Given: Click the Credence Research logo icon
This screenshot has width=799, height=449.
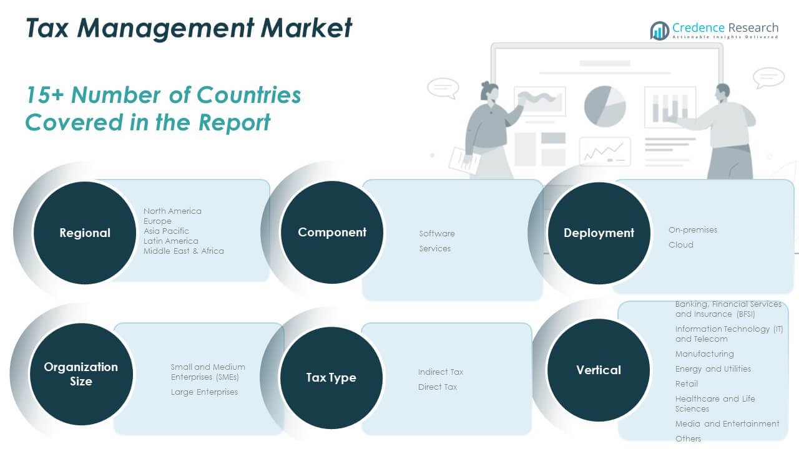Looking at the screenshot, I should coord(659,30).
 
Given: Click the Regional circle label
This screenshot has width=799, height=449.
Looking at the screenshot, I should coord(85,233).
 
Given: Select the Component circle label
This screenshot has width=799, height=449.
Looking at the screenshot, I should coord(332,232).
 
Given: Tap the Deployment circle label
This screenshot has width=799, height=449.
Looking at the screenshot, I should coord(599,233).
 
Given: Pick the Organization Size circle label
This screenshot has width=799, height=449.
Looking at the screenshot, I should coord(81,374).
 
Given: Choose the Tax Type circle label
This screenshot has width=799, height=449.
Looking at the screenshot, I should coord(331,377).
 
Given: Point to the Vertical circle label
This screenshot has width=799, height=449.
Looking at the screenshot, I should coord(599,370).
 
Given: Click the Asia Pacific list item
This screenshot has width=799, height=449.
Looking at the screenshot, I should coord(166,231).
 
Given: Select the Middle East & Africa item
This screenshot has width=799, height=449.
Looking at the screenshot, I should coord(184,251).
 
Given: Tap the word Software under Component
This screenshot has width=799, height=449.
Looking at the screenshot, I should coord(437,233).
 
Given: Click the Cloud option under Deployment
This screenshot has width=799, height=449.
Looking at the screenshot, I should coord(681,244).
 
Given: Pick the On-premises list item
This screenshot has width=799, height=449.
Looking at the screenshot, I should coord(693,229).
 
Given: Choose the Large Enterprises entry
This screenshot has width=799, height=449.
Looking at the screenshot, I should coord(204,392).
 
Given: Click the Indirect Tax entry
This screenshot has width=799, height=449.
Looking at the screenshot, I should coord(441,372).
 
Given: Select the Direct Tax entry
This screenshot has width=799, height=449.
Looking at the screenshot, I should coord(438,387).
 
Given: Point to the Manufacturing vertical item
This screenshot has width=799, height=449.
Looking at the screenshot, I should coord(704,354).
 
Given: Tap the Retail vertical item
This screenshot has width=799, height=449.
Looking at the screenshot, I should coord(687,384).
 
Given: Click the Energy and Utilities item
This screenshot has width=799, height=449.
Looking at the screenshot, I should coord(713,369).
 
